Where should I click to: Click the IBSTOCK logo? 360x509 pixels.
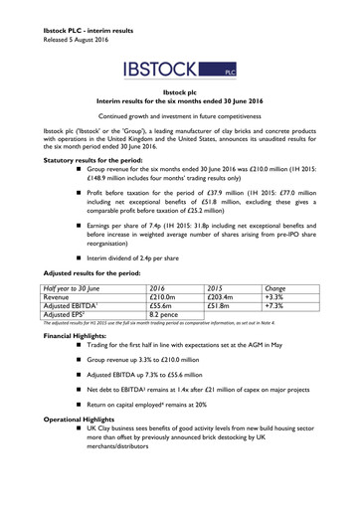pos(179,70)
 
